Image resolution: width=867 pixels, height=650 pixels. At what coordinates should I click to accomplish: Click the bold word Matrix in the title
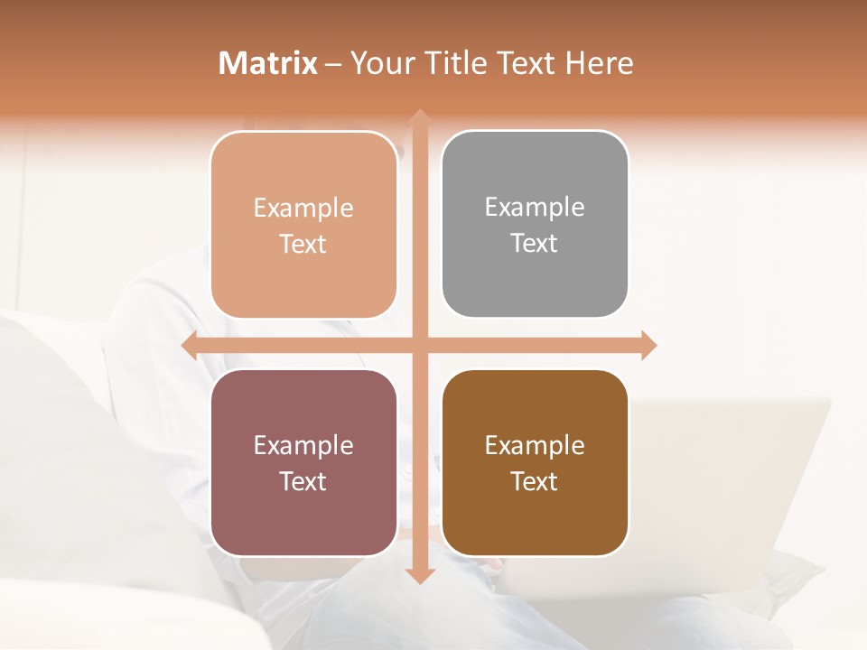[x=268, y=63]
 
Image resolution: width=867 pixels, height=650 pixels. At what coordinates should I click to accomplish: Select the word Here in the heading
[x=599, y=63]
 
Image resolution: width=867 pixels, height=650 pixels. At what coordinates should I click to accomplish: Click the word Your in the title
[x=379, y=63]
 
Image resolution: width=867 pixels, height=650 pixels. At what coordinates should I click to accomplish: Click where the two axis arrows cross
[x=419, y=345]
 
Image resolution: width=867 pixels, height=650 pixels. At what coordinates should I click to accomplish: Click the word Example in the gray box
[x=535, y=208]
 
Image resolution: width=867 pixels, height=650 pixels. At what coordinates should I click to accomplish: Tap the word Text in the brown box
[x=535, y=481]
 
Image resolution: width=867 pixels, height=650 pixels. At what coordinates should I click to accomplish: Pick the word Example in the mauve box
[x=303, y=445]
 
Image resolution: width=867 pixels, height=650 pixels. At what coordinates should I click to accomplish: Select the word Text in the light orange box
[x=303, y=244]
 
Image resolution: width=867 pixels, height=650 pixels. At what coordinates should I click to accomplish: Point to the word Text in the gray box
[x=535, y=244]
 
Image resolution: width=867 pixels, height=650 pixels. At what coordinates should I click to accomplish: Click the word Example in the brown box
[x=535, y=445]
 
